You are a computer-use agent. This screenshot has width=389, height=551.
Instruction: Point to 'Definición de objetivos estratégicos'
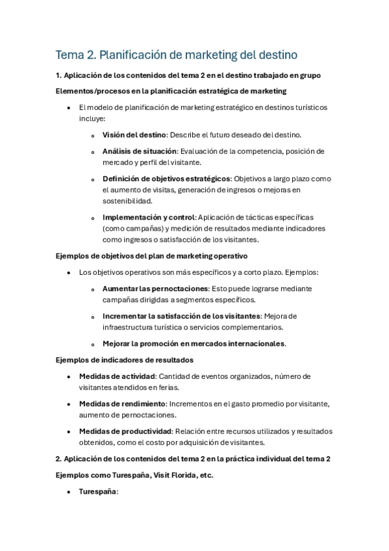pyautogui.click(x=166, y=178)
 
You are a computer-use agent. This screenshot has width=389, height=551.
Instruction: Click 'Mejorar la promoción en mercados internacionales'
pyautogui.click(x=194, y=343)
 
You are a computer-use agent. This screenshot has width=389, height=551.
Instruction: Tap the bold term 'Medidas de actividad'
pyautogui.click(x=117, y=376)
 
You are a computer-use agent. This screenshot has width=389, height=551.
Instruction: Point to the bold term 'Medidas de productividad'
pyautogui.click(x=125, y=431)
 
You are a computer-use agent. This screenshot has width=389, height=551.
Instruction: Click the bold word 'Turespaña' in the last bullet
pyautogui.click(x=97, y=492)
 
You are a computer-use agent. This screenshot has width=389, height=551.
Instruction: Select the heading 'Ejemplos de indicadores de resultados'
pyautogui.click(x=124, y=359)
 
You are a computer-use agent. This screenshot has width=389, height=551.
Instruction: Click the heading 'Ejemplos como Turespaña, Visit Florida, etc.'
pyautogui.click(x=134, y=475)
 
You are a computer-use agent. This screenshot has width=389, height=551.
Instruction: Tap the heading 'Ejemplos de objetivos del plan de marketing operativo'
pyautogui.click(x=151, y=256)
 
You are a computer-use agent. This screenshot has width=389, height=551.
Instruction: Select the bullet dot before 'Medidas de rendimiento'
pyautogui.click(x=69, y=404)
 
